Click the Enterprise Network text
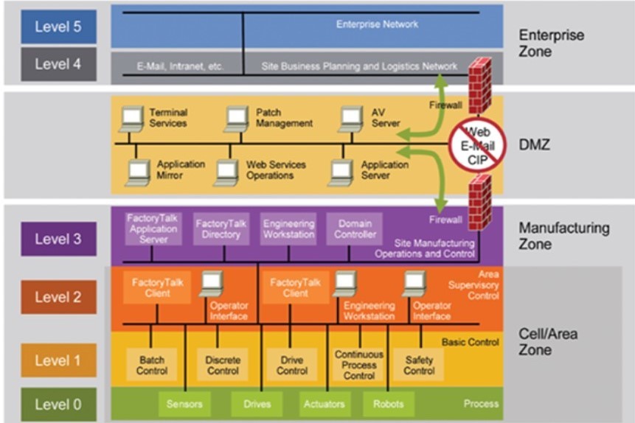point(377,24)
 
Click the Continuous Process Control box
point(358,365)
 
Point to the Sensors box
point(184,404)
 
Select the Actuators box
point(324,404)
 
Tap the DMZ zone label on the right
point(535,145)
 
